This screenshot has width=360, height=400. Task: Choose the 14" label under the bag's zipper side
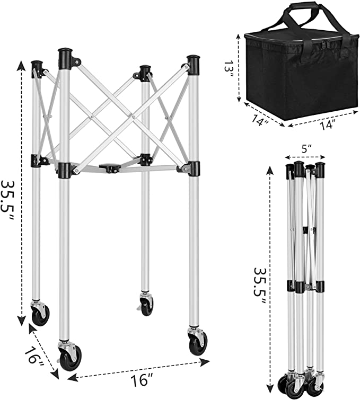(x=327, y=125)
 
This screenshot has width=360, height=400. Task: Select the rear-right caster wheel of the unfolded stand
(x=146, y=305)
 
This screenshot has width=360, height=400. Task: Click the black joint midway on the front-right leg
(x=192, y=168)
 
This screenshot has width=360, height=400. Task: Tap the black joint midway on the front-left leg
(x=64, y=170)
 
